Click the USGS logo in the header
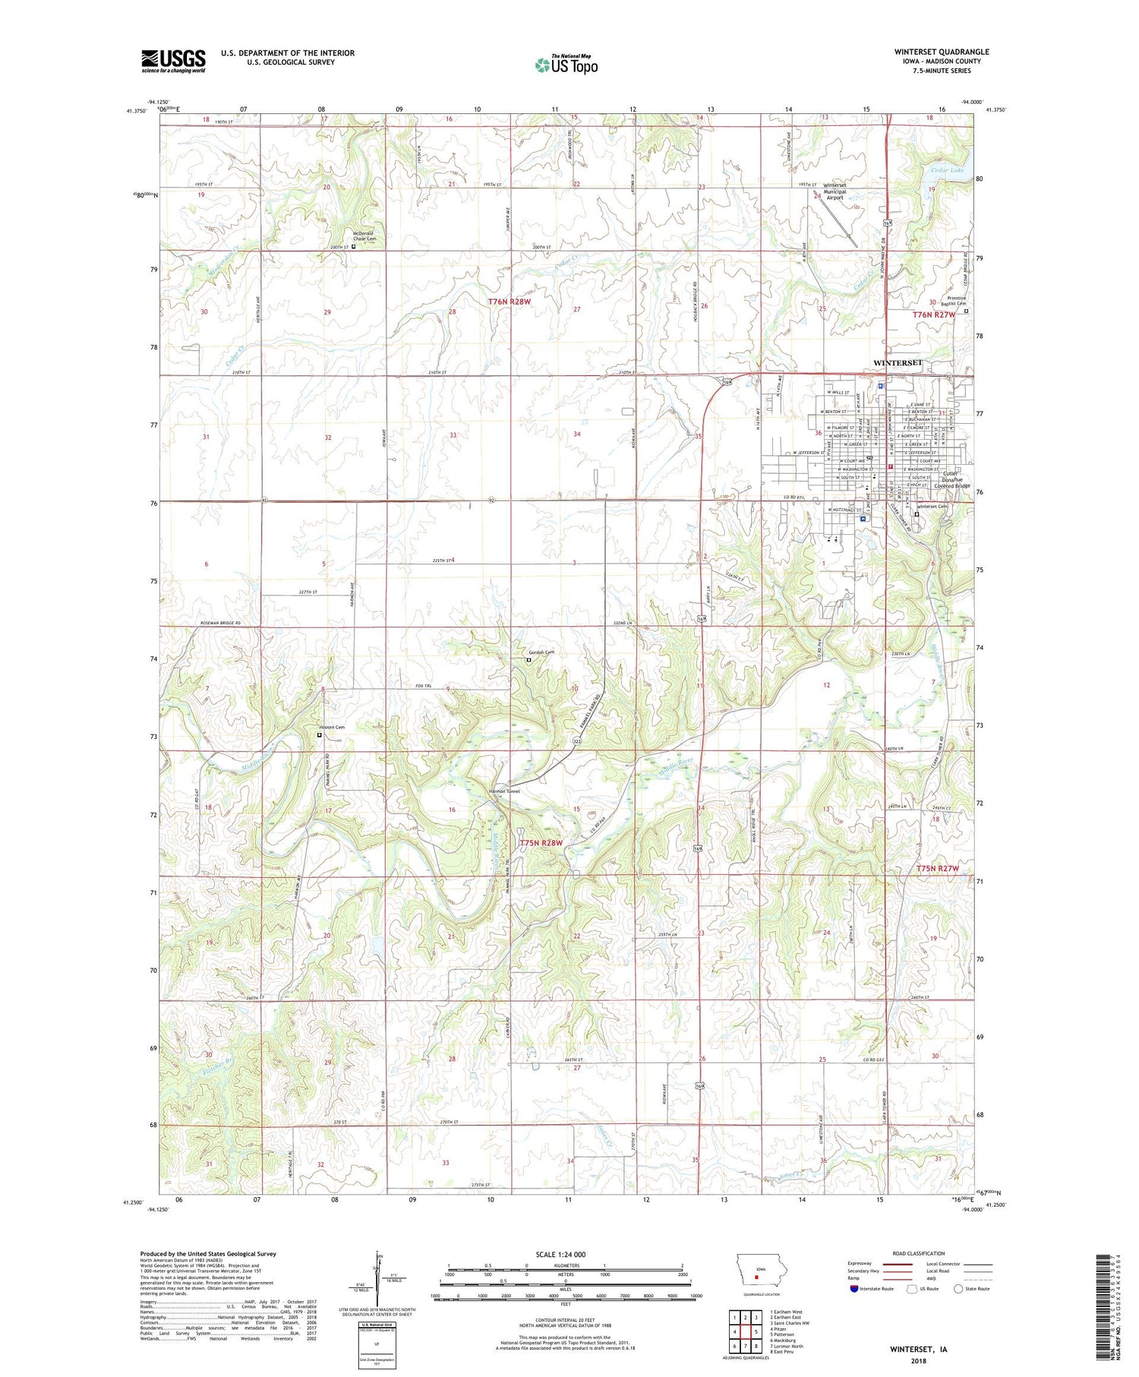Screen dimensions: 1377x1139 [173, 61]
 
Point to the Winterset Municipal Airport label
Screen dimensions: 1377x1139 [834, 191]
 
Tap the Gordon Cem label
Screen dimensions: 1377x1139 [541, 652]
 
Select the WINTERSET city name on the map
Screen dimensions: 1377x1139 [898, 363]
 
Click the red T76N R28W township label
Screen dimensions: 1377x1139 [510, 302]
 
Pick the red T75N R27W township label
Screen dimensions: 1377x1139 [937, 868]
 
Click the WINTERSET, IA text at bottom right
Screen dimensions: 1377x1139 [918, 1350]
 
